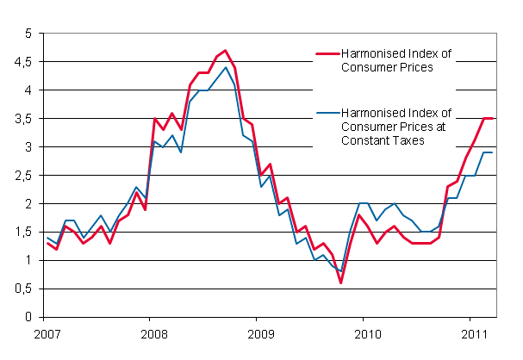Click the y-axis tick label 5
click(x=28, y=34)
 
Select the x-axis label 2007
click(x=47, y=333)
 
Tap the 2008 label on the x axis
click(x=153, y=333)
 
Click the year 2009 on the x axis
click(x=261, y=333)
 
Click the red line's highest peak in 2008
click(x=226, y=50)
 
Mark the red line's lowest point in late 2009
click(x=341, y=282)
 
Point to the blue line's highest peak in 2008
click(x=226, y=67)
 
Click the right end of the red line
click(x=492, y=118)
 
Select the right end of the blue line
click(x=492, y=152)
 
